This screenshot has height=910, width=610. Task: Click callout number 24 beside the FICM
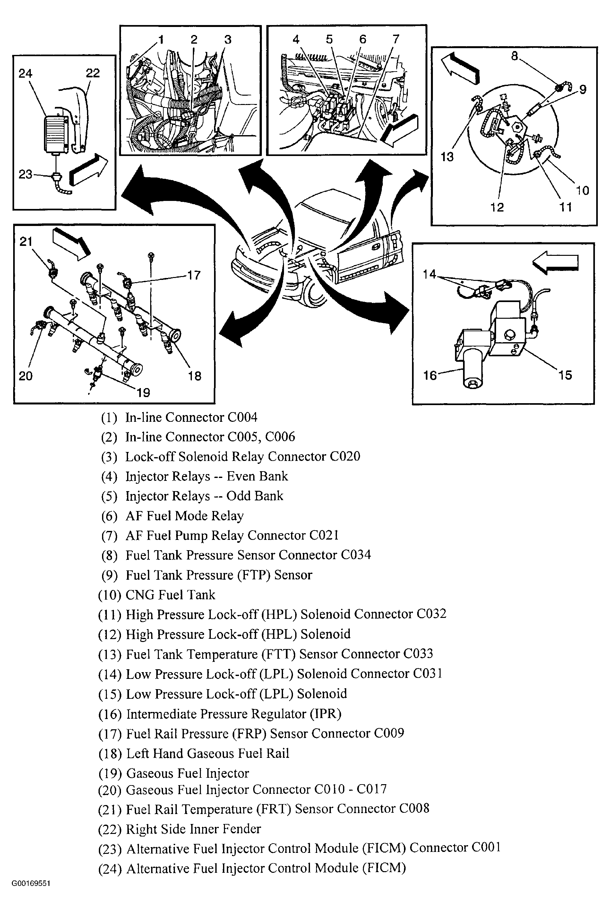(25, 73)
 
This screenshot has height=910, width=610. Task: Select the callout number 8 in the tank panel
(514, 56)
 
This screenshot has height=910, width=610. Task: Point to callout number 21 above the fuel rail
(26, 242)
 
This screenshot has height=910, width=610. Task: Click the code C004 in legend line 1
(242, 418)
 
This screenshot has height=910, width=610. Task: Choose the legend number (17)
(110, 734)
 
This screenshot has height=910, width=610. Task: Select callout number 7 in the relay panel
(396, 39)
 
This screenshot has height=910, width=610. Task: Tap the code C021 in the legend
(324, 535)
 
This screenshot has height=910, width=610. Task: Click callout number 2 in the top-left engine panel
(194, 39)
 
